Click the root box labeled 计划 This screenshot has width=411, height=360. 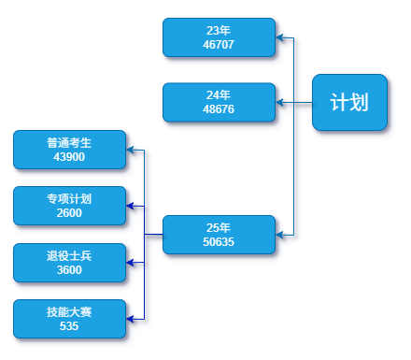coord(348,102)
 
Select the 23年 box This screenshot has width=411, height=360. coord(219,37)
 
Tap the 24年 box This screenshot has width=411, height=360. coord(219,102)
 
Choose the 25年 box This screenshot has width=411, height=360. coord(219,235)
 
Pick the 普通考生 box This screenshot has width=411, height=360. coord(69,150)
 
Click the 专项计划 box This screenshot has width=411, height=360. coord(69,206)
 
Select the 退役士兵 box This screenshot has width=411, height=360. coord(69,262)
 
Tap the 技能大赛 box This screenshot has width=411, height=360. coord(69,319)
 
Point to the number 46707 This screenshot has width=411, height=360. coord(219,44)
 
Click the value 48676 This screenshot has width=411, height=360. coord(219,109)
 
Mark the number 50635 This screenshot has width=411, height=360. coord(219,242)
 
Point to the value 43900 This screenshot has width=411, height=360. coord(69,157)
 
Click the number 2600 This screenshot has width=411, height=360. coord(69,213)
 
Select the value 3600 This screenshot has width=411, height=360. coord(69,270)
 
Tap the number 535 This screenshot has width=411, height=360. coord(69,326)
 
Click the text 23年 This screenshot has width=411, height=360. coord(219,31)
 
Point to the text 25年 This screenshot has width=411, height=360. coord(219,228)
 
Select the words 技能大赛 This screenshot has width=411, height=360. coord(69,311)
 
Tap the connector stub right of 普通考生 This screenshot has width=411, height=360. coord(136,151)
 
